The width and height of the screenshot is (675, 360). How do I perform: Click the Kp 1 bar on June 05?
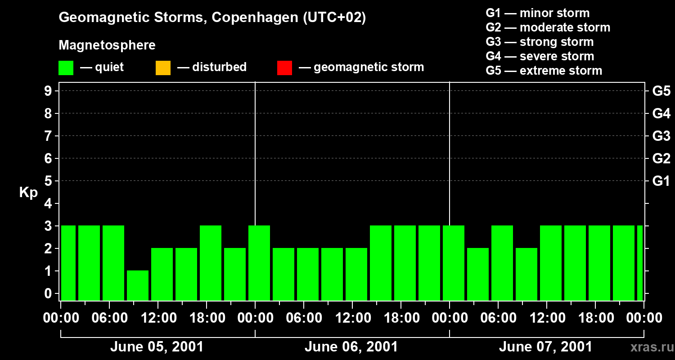click(138, 285)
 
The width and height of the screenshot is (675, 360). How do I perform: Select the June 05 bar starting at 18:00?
click(211, 263)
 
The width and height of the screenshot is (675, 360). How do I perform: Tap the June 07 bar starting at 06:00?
click(502, 263)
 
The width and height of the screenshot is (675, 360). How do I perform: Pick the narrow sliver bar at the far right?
click(639, 263)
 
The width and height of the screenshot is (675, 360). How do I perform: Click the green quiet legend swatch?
click(66, 67)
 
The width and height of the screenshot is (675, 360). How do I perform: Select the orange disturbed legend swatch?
click(163, 67)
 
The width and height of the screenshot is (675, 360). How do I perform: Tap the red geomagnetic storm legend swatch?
click(284, 67)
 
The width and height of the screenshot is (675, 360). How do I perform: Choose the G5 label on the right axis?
click(661, 91)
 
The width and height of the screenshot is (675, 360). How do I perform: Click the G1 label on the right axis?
click(661, 181)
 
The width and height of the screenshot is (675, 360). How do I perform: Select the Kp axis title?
click(28, 193)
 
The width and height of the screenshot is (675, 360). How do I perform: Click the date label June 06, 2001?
click(351, 347)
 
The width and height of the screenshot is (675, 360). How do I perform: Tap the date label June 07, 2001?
click(545, 347)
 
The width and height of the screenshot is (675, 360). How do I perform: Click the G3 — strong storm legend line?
click(540, 42)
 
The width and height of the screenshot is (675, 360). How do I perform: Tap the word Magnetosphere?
click(107, 45)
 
